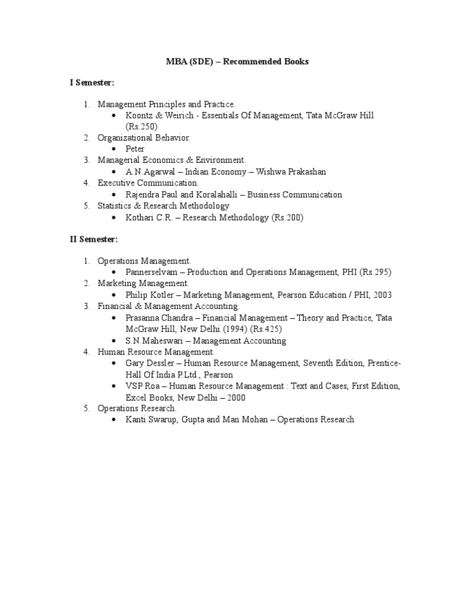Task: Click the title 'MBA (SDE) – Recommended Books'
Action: coord(237,62)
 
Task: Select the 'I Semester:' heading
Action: coord(92,82)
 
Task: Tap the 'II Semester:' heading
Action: coord(93,239)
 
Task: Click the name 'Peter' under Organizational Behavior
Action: coord(135,149)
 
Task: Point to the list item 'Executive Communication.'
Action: coord(148,183)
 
